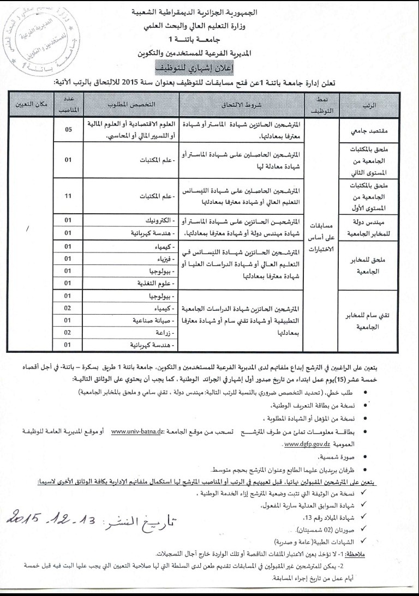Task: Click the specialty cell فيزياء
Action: pyautogui.click(x=164, y=258)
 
